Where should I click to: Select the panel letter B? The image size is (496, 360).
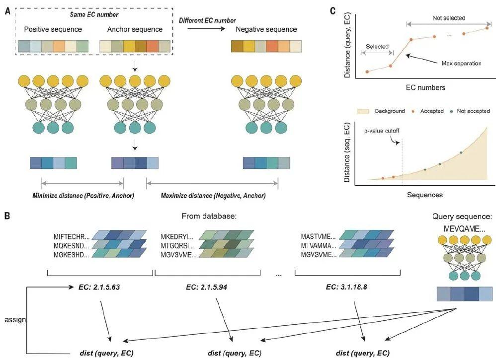pyautogui.click(x=6, y=217)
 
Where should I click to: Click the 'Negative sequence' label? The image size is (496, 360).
pyautogui.click(x=266, y=29)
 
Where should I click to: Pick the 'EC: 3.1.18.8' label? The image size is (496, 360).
pyautogui.click(x=351, y=287)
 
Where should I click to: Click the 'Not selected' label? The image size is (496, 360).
pyautogui.click(x=448, y=18)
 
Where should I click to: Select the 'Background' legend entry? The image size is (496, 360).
pyautogui.click(x=383, y=111)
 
